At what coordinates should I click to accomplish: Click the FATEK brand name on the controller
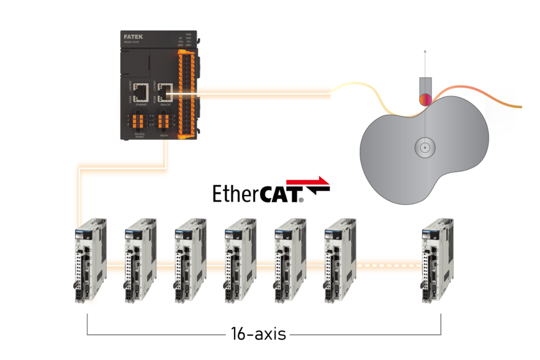pos(133,37)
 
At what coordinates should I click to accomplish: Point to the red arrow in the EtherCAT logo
pos(316,182)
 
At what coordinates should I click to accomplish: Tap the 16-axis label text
pos(258,333)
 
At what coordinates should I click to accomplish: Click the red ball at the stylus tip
pos(425,99)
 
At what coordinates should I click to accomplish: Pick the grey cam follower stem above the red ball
pos(425,84)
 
